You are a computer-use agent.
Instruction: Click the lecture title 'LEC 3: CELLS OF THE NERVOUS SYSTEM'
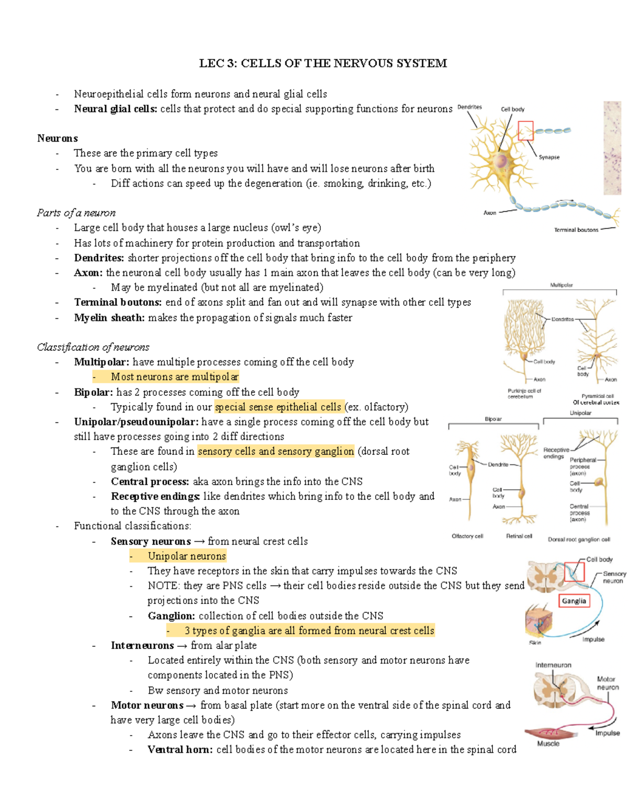(323, 63)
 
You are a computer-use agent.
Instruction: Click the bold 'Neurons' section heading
(58, 138)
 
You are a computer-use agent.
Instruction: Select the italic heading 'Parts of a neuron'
(76, 213)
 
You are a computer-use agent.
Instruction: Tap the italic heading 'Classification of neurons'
(93, 347)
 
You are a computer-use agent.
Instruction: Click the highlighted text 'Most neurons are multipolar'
(174, 377)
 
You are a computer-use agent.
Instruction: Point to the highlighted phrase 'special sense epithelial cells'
(278, 407)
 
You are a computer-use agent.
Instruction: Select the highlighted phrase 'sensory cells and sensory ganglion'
(276, 451)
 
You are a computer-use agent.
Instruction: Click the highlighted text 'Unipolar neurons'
(186, 556)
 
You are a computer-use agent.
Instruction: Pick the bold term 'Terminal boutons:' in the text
(118, 302)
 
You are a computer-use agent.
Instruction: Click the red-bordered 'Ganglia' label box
(574, 601)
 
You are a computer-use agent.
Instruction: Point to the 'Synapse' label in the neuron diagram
(549, 157)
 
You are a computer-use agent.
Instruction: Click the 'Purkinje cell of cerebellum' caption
(524, 393)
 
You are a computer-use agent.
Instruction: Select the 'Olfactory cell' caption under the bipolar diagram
(467, 536)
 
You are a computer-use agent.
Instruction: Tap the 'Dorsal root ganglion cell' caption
(579, 539)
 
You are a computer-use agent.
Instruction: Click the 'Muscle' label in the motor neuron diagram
(548, 744)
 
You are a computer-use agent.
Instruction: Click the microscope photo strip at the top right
(612, 148)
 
